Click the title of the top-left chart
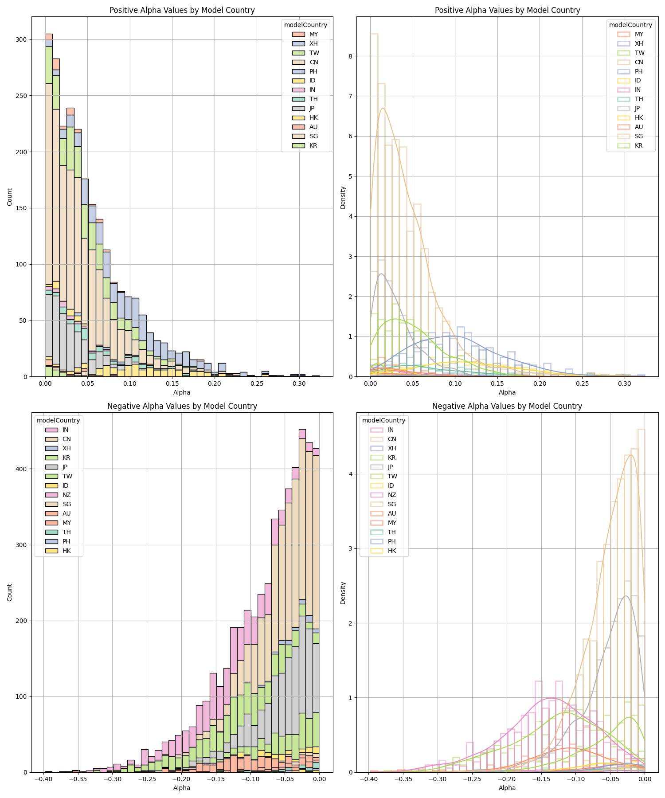point(182,10)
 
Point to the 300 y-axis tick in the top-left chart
point(21,39)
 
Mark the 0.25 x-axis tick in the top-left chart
point(257,384)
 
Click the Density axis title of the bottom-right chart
point(343,593)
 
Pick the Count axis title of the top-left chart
point(10,197)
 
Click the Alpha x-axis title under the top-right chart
point(507,392)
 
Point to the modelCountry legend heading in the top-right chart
point(630,25)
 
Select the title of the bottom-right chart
point(507,406)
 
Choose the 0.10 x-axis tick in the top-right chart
point(455,384)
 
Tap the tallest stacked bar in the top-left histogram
point(49,204)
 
